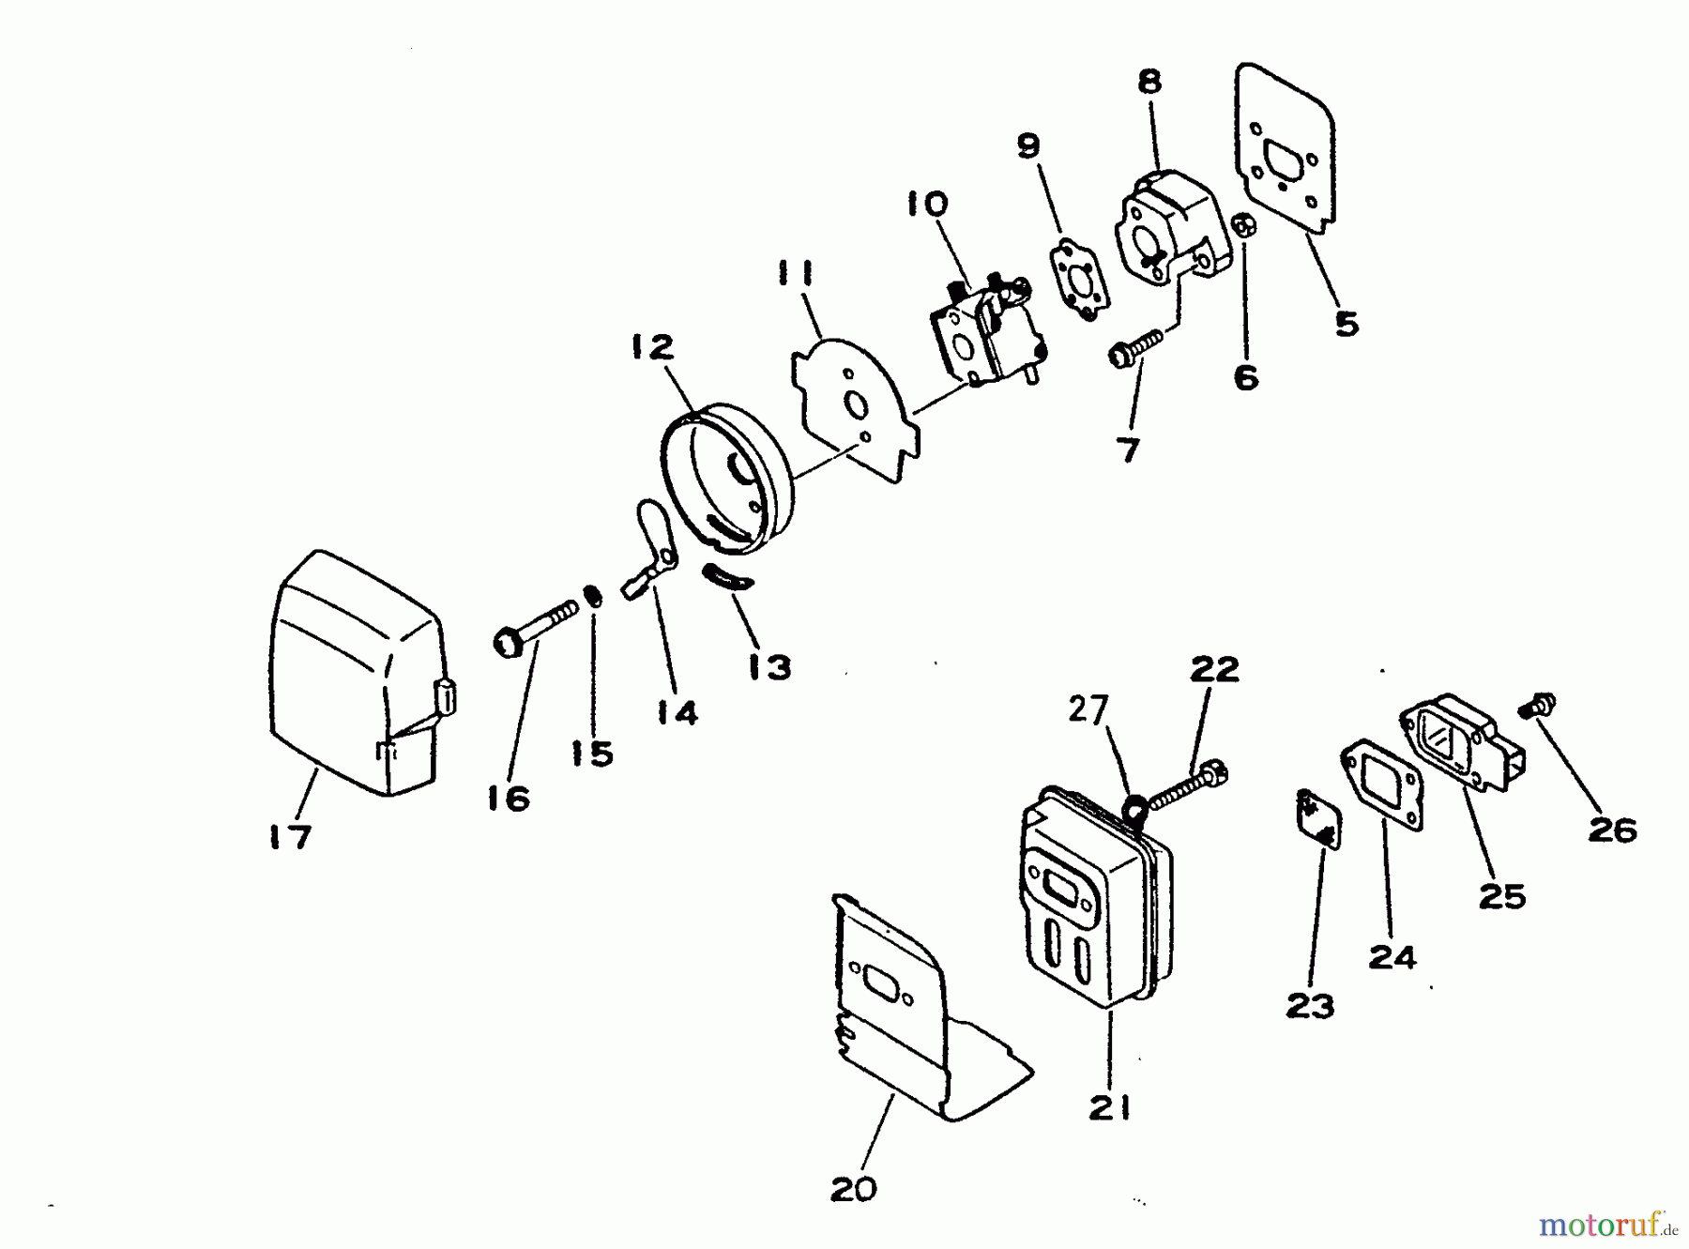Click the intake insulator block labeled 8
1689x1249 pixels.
click(x=1168, y=225)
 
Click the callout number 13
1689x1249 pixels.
click(x=769, y=667)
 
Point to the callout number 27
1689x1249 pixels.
click(x=1088, y=710)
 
